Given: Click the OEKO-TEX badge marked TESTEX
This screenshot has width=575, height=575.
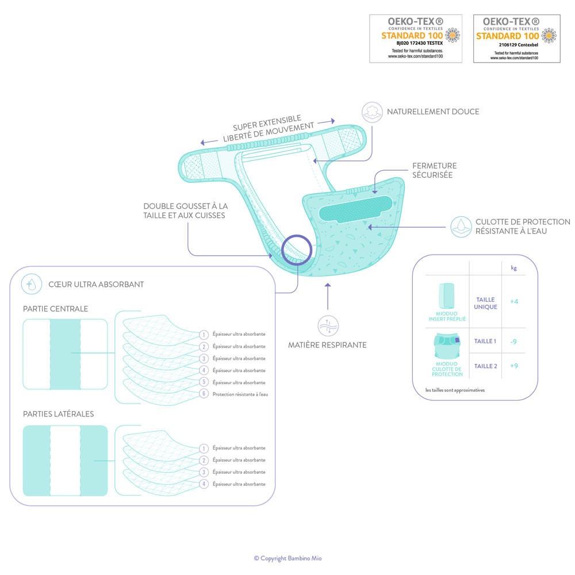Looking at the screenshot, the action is click(x=416, y=39).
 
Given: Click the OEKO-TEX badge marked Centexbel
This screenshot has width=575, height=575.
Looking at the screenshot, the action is click(x=517, y=39).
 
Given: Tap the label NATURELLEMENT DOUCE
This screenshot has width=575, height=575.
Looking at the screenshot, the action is click(x=433, y=112).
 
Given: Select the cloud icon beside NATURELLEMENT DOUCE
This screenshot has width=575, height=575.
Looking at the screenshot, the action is click(x=372, y=112).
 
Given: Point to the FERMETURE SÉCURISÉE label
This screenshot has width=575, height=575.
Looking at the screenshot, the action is click(x=434, y=170).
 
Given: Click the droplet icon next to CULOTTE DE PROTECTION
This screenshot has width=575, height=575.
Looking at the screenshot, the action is click(x=461, y=227).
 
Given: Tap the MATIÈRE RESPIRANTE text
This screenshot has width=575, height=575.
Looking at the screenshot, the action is click(x=327, y=344).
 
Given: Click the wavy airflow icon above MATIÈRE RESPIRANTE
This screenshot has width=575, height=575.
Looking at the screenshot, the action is click(x=328, y=325).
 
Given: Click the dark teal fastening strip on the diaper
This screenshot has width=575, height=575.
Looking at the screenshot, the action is click(x=355, y=209).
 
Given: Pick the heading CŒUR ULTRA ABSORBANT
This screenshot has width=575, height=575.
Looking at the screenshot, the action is click(x=96, y=284).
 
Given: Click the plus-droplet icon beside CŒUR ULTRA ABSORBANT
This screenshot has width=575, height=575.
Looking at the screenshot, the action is click(x=31, y=284).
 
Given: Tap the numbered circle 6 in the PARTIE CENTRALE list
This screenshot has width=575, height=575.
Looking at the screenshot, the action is click(x=204, y=394).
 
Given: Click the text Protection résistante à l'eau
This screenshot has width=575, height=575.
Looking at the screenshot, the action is click(x=240, y=394).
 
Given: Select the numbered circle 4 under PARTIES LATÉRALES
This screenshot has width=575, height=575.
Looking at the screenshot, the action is click(x=204, y=484).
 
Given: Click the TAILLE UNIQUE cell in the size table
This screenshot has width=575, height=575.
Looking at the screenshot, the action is click(x=485, y=303).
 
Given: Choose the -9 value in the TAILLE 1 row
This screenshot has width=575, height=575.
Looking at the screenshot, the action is click(x=513, y=342).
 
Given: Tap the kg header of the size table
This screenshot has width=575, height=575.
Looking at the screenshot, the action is click(x=513, y=268).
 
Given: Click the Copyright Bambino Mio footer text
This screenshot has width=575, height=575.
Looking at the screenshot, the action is click(x=288, y=558).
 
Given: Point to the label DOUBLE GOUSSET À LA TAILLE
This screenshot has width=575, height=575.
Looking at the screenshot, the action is click(x=186, y=206).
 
